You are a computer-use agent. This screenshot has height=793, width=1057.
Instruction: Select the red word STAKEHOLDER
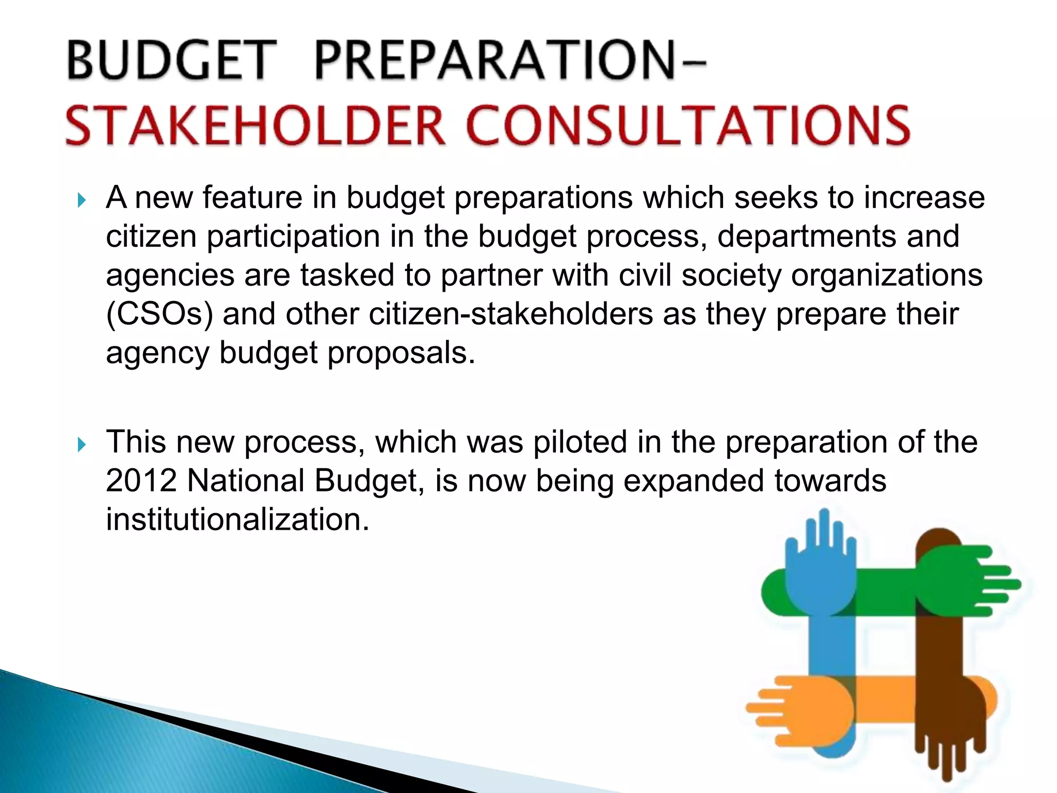(255, 125)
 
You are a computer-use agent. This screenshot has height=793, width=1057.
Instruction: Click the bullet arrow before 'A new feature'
(81, 200)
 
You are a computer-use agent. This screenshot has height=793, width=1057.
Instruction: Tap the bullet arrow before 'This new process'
(81, 445)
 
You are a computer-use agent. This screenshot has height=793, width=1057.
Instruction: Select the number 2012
(141, 481)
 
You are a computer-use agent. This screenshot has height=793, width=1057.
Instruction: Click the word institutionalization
(237, 519)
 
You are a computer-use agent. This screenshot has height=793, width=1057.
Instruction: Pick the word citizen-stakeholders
(511, 314)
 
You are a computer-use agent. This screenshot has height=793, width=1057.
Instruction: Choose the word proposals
(401, 353)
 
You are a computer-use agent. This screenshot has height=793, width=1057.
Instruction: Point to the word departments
(807, 236)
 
